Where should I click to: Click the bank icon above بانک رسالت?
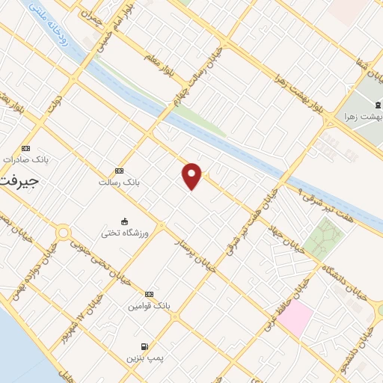click(120, 171)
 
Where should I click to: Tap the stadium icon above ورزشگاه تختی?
click(123, 221)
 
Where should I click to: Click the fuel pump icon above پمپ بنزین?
click(144, 347)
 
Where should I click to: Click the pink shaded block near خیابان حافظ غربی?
click(297, 317)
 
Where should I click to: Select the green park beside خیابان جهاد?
click(323, 239)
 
